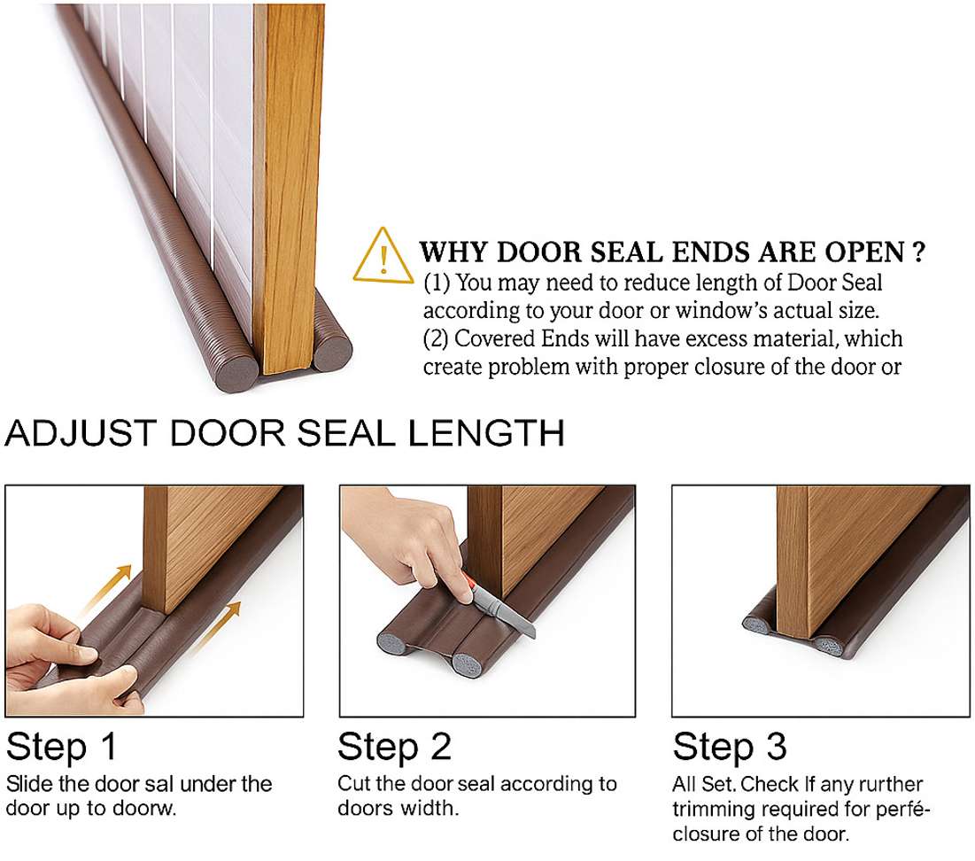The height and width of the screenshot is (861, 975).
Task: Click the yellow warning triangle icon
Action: (383, 256)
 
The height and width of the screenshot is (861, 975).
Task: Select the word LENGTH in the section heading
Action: (486, 433)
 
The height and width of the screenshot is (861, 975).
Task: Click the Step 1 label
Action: (62, 747)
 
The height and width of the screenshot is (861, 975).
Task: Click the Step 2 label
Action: (394, 747)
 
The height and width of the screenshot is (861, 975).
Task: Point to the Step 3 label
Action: (730, 747)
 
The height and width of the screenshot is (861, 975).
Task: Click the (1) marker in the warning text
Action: (437, 283)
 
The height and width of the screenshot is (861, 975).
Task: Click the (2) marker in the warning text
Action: (436, 339)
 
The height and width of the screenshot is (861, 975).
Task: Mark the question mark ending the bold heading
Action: (918, 252)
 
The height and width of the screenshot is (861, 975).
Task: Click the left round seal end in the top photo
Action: (237, 373)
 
